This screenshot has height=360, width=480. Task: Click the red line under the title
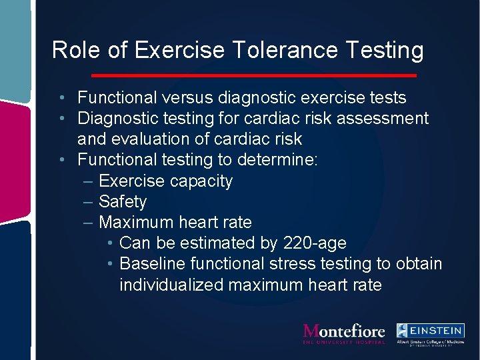tap(253, 75)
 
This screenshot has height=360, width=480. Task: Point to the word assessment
tap(383, 119)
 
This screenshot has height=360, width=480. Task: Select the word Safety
tap(123, 202)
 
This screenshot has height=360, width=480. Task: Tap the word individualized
tap(172, 285)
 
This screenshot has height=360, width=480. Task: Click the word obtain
tap(419, 264)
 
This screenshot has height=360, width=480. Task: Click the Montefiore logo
tap(344, 333)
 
